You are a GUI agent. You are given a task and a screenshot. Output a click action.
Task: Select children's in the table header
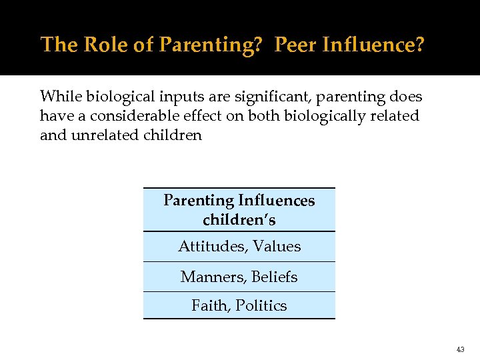tap(239, 219)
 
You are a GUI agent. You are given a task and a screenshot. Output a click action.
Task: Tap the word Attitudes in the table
tap(212, 247)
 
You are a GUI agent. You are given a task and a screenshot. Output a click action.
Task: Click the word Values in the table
tap(277, 247)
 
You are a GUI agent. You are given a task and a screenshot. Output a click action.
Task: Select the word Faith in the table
tap(209, 306)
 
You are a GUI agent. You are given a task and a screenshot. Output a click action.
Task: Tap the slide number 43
tap(461, 349)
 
